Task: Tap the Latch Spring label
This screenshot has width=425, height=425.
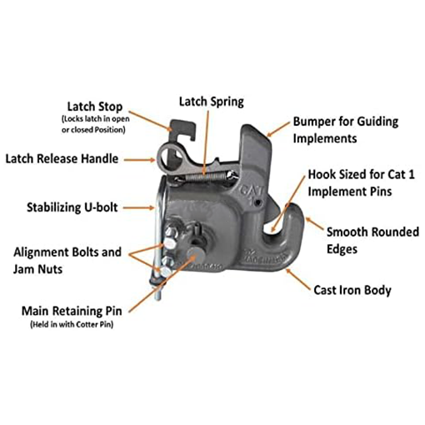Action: pyautogui.click(x=211, y=102)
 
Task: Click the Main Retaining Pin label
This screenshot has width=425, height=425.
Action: pyautogui.click(x=72, y=310)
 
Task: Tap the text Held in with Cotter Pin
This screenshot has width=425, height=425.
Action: pyautogui.click(x=72, y=324)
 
